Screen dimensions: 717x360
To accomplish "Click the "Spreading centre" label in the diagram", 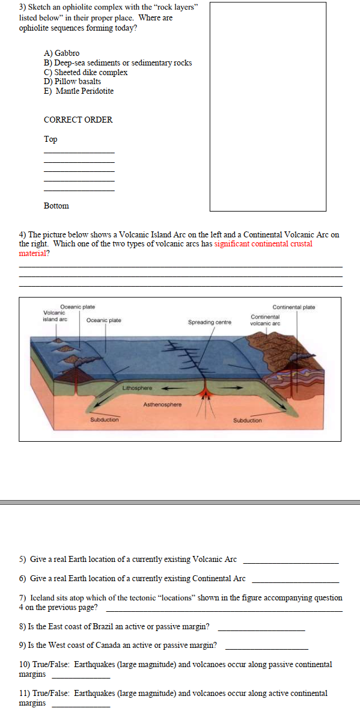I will (209, 323).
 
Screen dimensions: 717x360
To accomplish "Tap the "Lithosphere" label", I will (137, 388).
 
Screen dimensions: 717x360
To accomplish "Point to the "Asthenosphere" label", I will (162, 405).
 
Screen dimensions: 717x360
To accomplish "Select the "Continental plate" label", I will (293, 307).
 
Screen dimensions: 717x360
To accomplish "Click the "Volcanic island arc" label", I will (55, 316).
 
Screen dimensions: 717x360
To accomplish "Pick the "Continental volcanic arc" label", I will (265, 320).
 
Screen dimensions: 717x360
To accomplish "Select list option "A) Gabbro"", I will (61, 53).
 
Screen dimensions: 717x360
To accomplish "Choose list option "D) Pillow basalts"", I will (72, 81).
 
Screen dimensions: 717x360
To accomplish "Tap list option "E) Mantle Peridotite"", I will (78, 91).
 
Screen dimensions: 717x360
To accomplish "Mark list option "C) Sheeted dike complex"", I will (85, 72).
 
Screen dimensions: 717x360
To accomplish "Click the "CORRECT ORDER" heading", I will (78, 120).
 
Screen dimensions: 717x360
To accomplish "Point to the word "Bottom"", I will (56, 206).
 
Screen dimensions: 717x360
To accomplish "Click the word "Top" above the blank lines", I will (50, 139).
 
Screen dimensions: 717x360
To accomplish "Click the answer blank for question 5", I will (291, 563).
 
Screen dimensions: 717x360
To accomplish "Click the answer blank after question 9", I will (266, 649).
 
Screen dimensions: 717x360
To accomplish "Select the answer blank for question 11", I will (81, 706).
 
